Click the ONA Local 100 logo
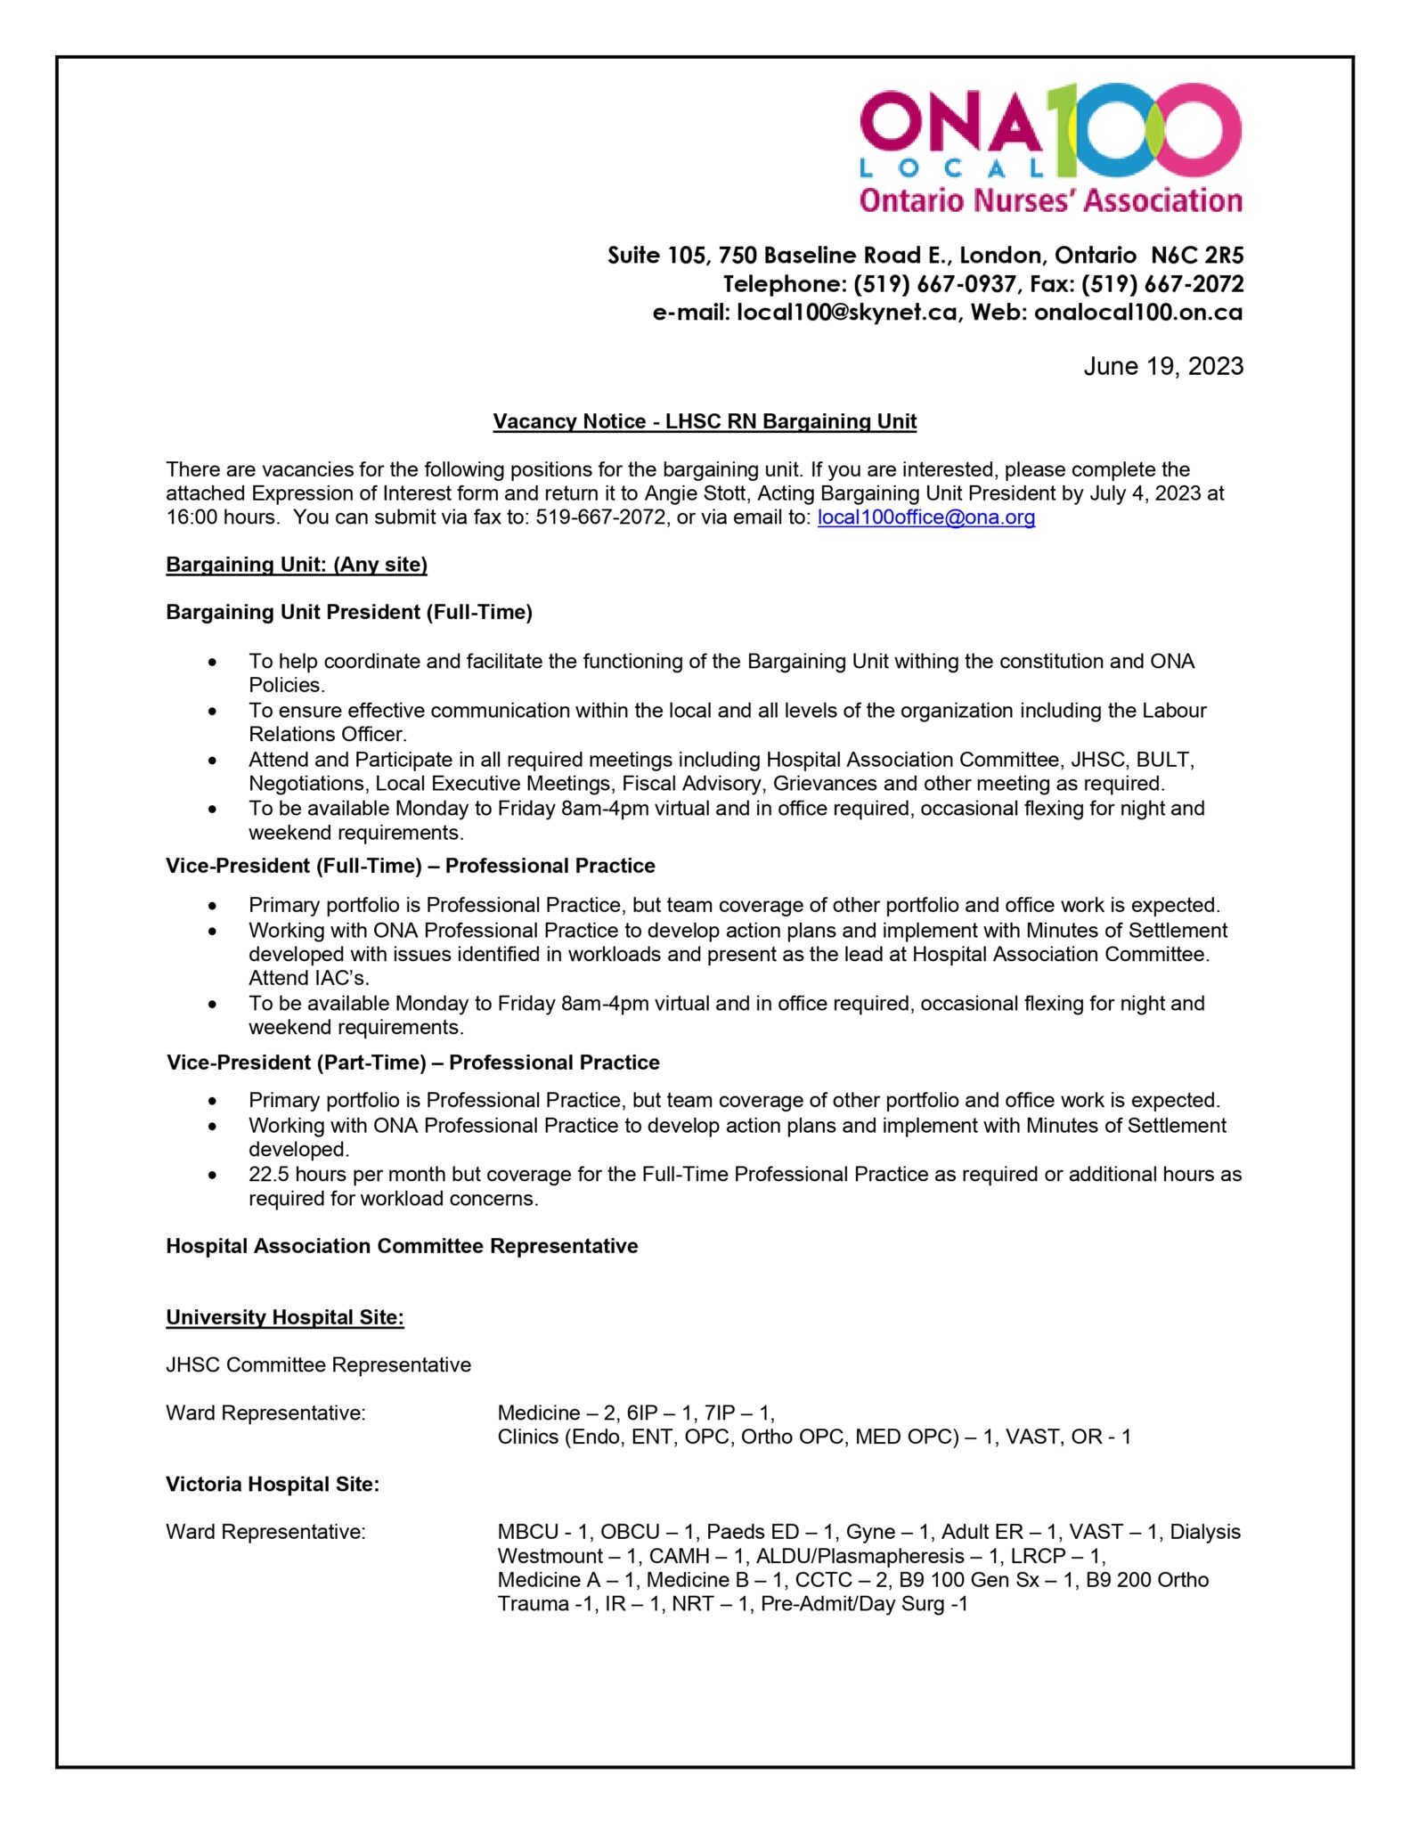click(x=1050, y=147)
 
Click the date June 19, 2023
click(x=1162, y=366)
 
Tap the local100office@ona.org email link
click(x=925, y=517)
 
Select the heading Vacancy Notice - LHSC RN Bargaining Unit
click(x=705, y=421)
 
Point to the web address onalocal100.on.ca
click(x=1137, y=313)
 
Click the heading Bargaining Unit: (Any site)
click(x=297, y=565)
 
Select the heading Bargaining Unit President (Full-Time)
click(x=349, y=613)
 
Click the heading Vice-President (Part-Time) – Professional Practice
click(x=413, y=1063)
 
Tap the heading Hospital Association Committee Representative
click(x=402, y=1246)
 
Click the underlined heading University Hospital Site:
click(x=285, y=1317)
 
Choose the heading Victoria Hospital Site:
click(x=273, y=1484)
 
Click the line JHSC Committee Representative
click(x=318, y=1364)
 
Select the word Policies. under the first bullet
click(x=286, y=685)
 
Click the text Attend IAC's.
click(x=308, y=978)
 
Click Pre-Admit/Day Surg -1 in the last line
click(x=863, y=1604)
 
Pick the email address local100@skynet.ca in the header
click(x=846, y=313)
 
